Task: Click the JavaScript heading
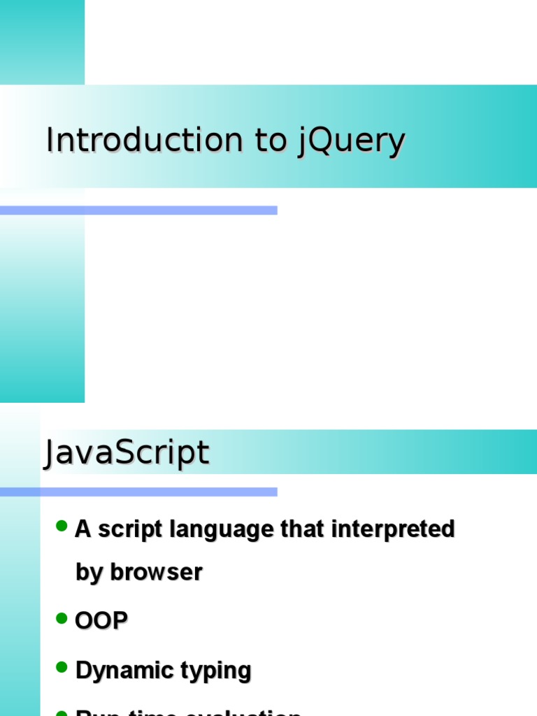(x=127, y=453)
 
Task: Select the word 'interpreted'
(x=394, y=529)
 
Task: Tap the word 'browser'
(x=156, y=572)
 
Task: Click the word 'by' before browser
(x=89, y=573)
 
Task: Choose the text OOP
(x=101, y=621)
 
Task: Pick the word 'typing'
(x=217, y=671)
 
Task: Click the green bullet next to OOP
(x=62, y=618)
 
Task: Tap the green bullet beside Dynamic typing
(x=62, y=668)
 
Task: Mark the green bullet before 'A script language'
(x=62, y=526)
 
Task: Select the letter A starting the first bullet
(x=83, y=529)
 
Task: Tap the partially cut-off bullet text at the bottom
(x=189, y=712)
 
